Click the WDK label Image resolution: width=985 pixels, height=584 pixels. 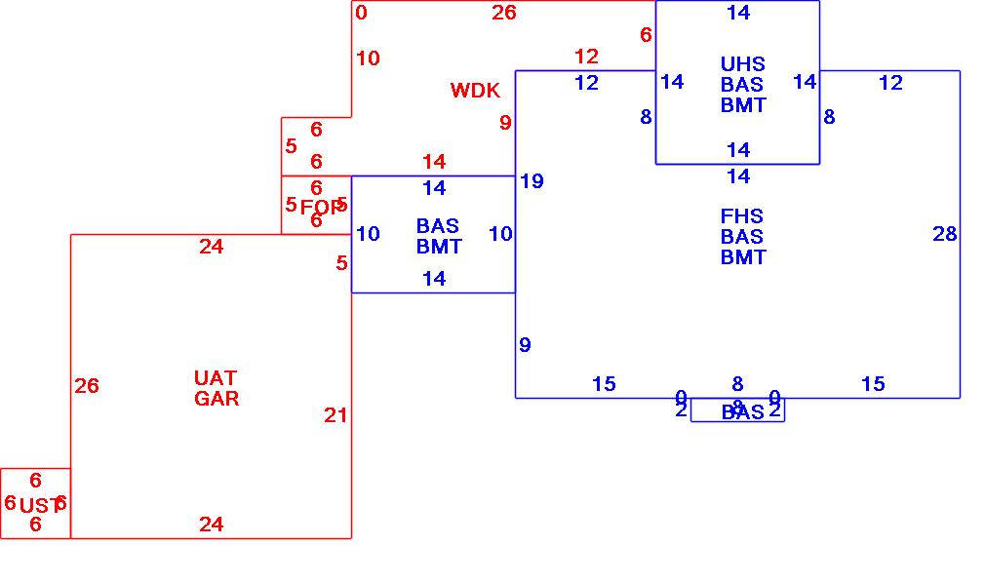(475, 91)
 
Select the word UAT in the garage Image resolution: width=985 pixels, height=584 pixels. (216, 377)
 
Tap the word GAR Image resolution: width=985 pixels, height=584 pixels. (216, 398)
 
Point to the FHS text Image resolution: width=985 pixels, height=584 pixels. (742, 215)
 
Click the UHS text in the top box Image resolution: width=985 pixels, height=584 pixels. (742, 64)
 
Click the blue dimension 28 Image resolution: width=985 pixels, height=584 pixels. (944, 234)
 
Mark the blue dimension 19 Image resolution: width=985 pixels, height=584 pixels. (532, 181)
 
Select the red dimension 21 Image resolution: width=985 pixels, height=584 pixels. (335, 415)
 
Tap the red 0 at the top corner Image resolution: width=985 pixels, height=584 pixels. (362, 13)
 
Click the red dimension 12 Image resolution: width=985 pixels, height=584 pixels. (586, 57)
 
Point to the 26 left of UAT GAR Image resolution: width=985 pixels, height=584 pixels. (87, 386)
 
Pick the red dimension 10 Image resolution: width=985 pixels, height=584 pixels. (368, 58)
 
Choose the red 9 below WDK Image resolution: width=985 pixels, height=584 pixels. (505, 123)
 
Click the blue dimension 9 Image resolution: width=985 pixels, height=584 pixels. (525, 345)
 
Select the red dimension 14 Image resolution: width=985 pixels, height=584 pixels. (434, 162)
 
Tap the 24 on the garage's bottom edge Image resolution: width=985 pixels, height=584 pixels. (212, 525)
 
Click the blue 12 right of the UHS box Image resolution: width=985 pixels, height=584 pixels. (890, 83)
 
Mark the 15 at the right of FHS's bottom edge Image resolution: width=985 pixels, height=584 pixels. (873, 384)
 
